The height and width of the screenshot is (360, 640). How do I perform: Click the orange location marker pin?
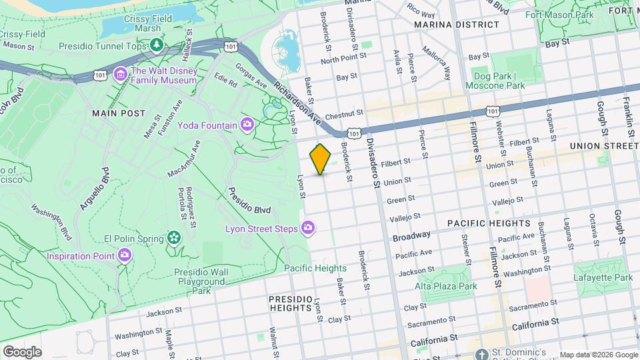(x=320, y=159)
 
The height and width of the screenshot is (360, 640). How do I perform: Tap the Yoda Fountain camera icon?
(x=247, y=125)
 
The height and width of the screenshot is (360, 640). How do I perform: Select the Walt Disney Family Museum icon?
(x=121, y=73)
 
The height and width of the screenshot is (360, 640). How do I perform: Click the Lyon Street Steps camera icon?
(x=308, y=229)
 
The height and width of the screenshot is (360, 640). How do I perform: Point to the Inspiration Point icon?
(x=125, y=255)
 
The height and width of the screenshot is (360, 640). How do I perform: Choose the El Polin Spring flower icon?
(x=174, y=237)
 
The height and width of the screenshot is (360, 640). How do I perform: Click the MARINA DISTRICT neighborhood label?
(x=456, y=25)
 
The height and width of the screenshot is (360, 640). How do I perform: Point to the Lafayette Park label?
(x=603, y=277)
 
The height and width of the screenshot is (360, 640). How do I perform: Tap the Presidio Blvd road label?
(x=249, y=200)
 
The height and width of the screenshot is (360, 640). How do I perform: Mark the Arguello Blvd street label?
(x=93, y=190)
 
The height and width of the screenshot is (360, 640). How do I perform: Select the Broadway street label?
(x=411, y=237)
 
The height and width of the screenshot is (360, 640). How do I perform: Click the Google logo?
(x=21, y=351)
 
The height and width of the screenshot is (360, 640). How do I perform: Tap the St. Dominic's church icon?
(x=482, y=352)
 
